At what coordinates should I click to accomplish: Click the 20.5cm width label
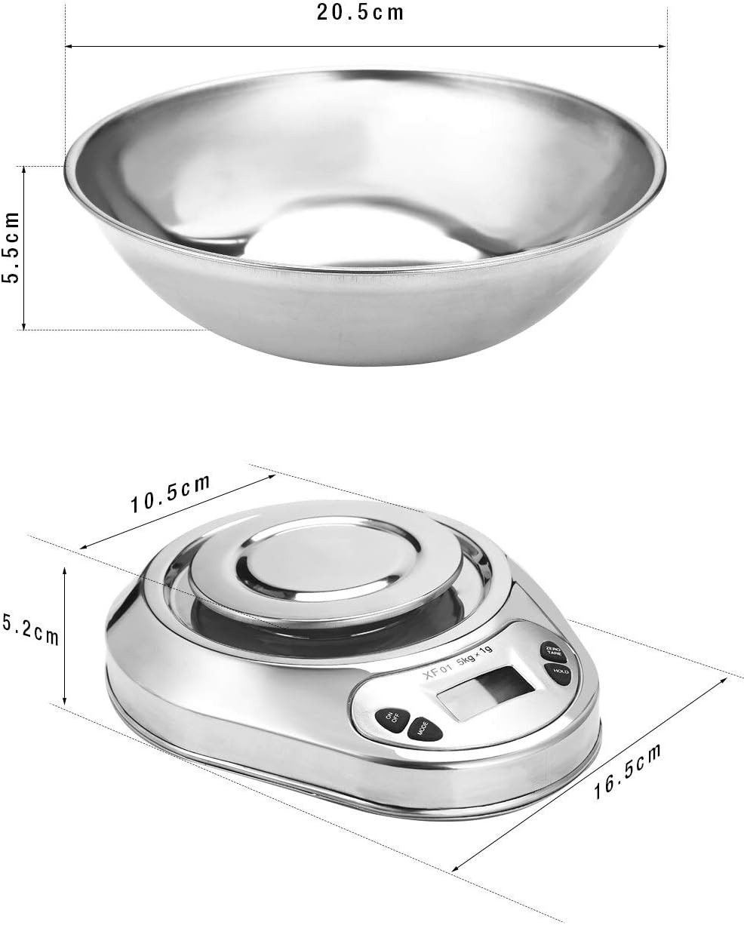click(360, 13)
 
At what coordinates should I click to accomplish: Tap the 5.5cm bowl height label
click(11, 247)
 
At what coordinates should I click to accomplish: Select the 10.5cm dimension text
click(171, 494)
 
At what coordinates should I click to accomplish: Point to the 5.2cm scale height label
click(30, 630)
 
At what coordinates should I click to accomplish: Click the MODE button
click(425, 728)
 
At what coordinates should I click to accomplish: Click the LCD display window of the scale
click(486, 693)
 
